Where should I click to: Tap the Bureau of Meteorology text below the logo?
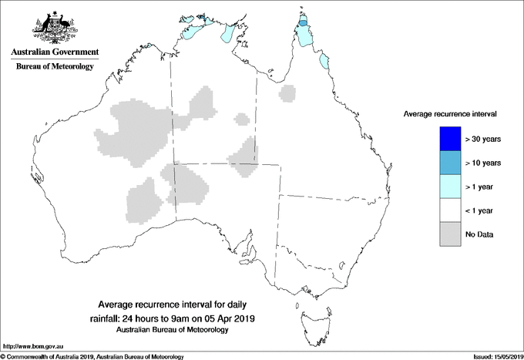pyautogui.click(x=54, y=66)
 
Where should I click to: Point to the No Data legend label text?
pyautogui.click(x=479, y=234)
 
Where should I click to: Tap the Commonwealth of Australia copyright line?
pyautogui.click(x=92, y=355)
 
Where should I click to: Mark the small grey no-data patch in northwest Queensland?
pyautogui.click(x=288, y=94)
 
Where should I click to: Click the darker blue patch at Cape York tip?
pyautogui.click(x=304, y=24)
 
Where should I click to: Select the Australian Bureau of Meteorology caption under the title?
pyautogui.click(x=173, y=330)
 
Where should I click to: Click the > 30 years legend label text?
pyautogui.click(x=483, y=139)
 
